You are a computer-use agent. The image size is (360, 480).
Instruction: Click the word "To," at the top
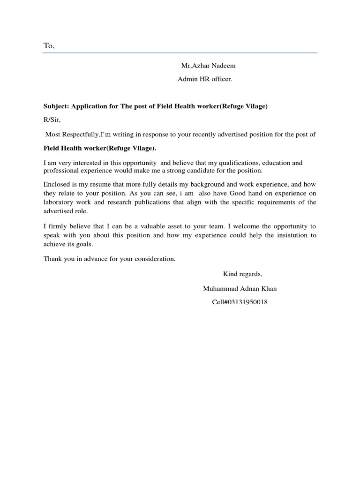point(49,45)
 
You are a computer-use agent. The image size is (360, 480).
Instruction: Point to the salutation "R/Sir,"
point(52,120)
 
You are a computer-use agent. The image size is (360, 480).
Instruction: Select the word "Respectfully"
point(80,134)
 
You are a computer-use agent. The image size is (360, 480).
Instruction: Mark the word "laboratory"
point(60,202)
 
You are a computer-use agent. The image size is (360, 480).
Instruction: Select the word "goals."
point(84,244)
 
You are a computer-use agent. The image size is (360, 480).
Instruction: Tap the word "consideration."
point(153,259)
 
